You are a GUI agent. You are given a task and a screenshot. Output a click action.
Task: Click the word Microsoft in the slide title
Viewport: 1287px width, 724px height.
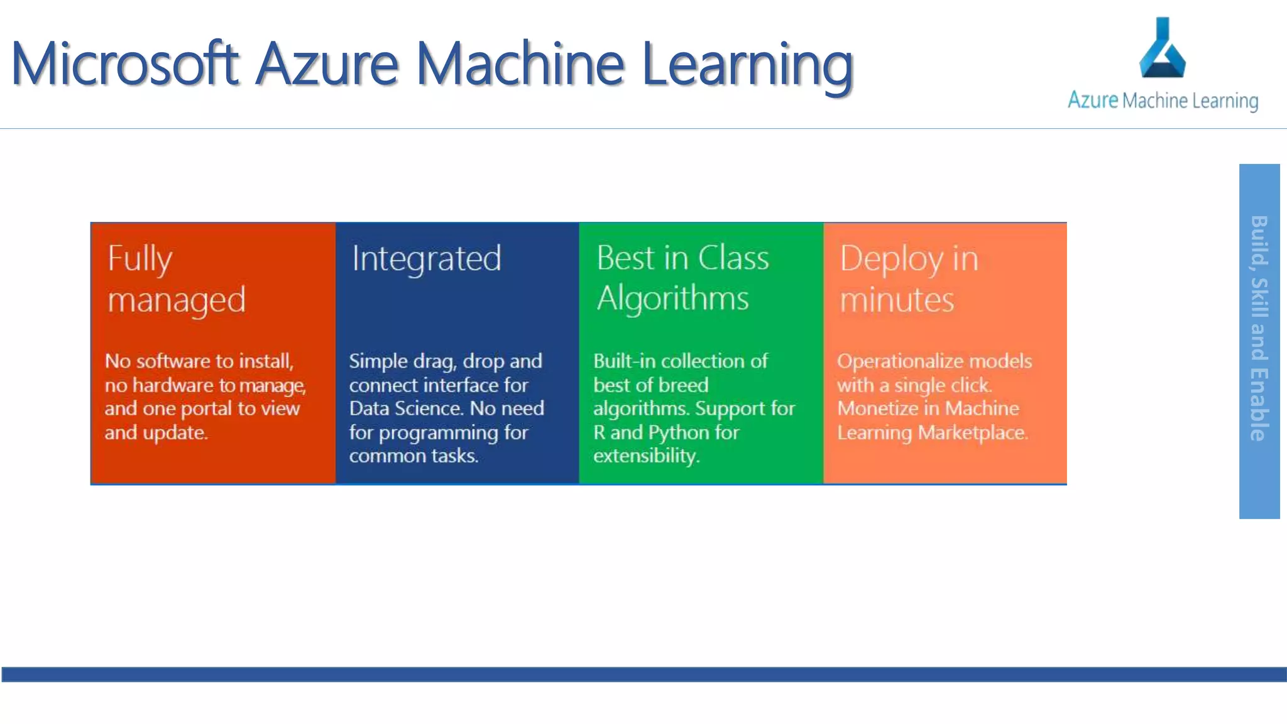[x=125, y=63]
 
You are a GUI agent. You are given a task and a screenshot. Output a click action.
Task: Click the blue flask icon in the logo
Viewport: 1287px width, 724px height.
[x=1162, y=49]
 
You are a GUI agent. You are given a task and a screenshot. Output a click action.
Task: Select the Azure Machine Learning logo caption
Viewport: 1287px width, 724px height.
[x=1163, y=101]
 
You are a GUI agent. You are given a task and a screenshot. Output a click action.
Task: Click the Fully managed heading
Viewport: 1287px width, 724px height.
[x=176, y=278]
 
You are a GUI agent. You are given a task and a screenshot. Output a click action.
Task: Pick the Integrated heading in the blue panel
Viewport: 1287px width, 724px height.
[x=427, y=258]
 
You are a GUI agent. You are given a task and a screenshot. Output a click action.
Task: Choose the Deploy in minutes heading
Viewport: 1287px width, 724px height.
[x=909, y=278]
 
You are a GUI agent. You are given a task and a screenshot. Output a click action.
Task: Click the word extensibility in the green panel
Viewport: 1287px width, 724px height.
[x=646, y=456]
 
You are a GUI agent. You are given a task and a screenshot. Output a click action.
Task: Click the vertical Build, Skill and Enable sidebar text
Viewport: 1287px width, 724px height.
[x=1259, y=328]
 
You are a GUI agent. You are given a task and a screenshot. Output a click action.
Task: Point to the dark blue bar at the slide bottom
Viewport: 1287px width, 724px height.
[x=643, y=674]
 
